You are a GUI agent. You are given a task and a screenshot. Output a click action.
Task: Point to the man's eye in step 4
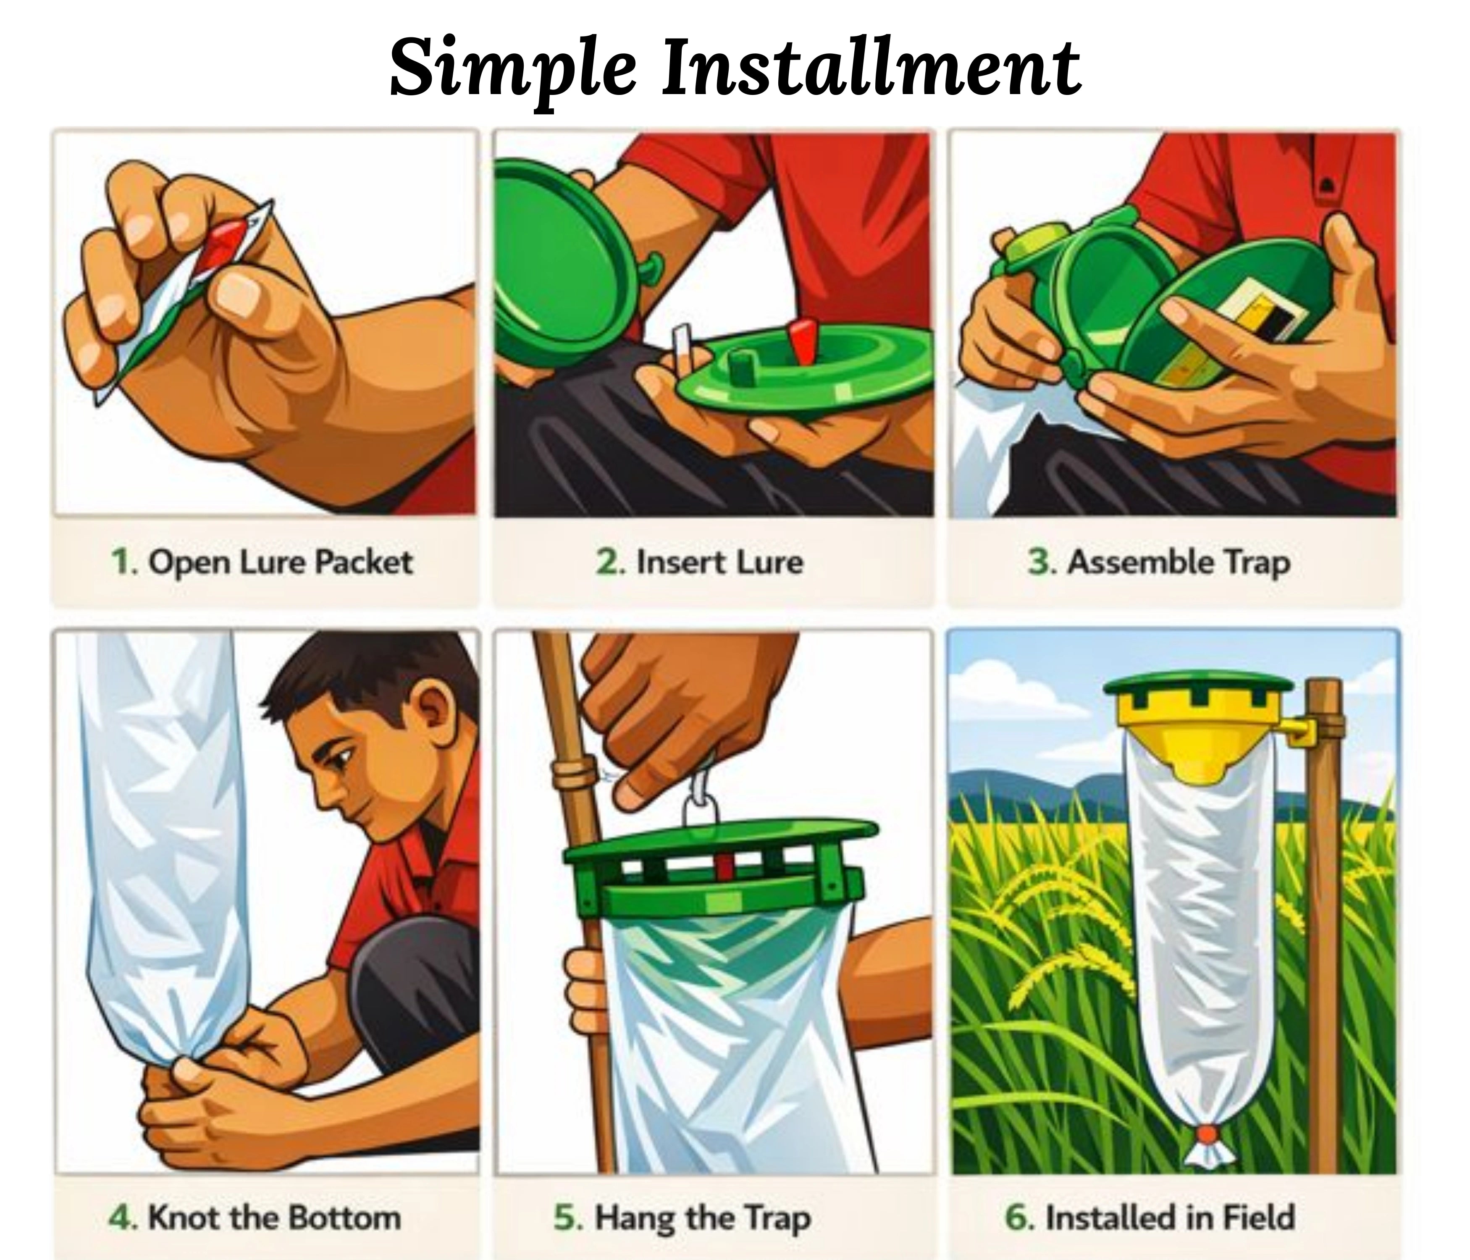pos(342,761)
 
